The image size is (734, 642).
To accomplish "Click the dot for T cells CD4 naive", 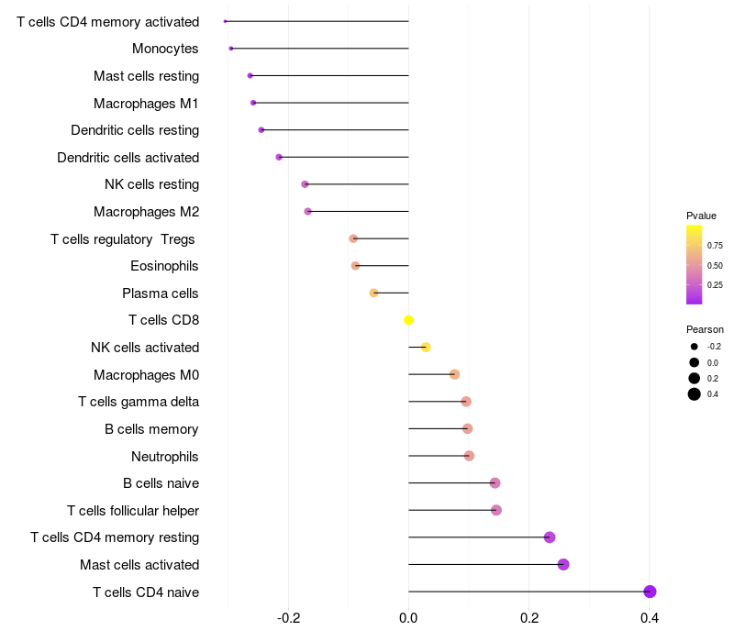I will pos(650,592).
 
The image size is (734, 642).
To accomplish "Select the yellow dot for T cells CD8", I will pos(408,320).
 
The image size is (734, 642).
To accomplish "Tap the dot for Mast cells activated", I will pos(563,564).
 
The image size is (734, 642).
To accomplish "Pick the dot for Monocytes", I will pos(231,49).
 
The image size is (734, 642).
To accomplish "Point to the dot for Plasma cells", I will pos(373,293).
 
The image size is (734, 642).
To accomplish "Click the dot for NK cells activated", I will pos(426,348).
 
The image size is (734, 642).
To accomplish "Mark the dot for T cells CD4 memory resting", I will pos(550,537).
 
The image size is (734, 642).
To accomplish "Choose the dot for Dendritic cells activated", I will pos(279,157).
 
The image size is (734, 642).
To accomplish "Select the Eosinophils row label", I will pos(165,266).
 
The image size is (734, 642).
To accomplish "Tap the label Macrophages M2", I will pos(147,212).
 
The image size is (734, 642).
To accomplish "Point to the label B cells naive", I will pos(161,483).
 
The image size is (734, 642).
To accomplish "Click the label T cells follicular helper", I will pos(133,510).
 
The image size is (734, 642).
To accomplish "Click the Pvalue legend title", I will pos(701,216).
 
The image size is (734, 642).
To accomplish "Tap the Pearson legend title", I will pos(705,329).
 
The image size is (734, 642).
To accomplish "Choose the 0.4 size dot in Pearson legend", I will pos(695,394).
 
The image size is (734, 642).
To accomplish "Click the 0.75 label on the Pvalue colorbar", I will pos(715,246).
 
